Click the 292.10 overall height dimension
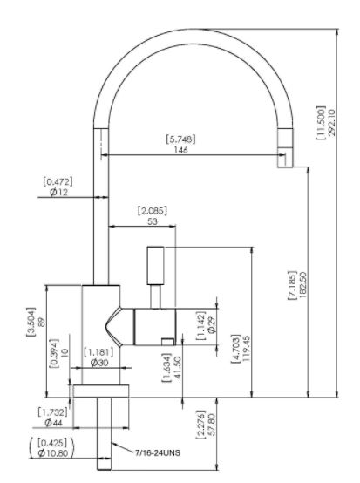point(332,123)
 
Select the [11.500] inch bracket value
point(321,123)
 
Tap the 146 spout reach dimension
point(180,150)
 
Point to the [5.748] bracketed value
point(180,139)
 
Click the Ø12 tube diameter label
point(58,193)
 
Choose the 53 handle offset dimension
point(153,221)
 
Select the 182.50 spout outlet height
point(302,285)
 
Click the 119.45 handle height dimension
point(247,349)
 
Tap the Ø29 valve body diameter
point(212,325)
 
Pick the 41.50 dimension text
point(177,369)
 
